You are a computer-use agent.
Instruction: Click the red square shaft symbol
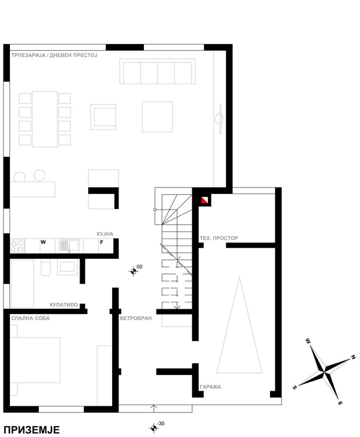tap(205, 200)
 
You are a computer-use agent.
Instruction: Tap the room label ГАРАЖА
tap(210, 387)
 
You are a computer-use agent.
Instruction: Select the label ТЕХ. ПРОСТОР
tap(219, 238)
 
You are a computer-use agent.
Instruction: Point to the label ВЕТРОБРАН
tap(136, 318)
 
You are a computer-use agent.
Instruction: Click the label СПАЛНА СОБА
tap(30, 318)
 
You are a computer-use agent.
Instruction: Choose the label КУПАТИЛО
tap(64, 305)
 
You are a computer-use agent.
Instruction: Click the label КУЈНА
tap(105, 234)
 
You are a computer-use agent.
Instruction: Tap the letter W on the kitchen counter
tap(43, 242)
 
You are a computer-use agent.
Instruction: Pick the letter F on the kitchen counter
tap(102, 242)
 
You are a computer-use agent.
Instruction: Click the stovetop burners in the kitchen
tap(17, 246)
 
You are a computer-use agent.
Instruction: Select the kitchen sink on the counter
tap(69, 246)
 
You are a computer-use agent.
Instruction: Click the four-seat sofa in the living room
tap(157, 71)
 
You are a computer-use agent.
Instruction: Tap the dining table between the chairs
tap(45, 119)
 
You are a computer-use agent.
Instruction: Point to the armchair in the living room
tap(103, 117)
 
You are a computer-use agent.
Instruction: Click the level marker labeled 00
tap(134, 271)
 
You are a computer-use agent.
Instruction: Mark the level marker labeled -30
tap(153, 428)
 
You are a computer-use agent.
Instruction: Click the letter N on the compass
tap(353, 357)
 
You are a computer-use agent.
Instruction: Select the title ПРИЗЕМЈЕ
tap(32, 429)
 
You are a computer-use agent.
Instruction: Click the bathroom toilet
tap(45, 268)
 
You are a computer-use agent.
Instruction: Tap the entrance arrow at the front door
tap(154, 409)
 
